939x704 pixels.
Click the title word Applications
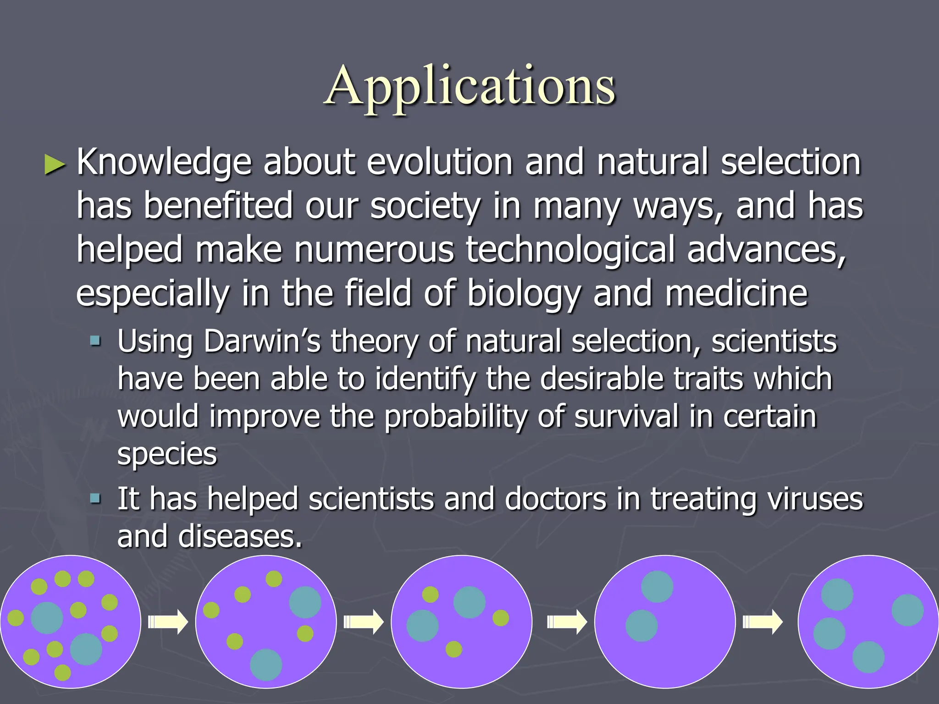pyautogui.click(x=470, y=86)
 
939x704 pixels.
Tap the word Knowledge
pyautogui.click(x=164, y=163)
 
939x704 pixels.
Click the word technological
pyautogui.click(x=570, y=250)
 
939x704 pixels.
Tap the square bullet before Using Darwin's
pyautogui.click(x=95, y=341)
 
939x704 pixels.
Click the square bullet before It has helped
pyautogui.click(x=95, y=498)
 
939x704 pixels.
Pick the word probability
pyautogui.click(x=455, y=417)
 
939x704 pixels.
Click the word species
pyautogui.click(x=167, y=455)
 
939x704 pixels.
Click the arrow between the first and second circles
pyautogui.click(x=168, y=622)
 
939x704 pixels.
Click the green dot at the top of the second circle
pyautogui.click(x=274, y=579)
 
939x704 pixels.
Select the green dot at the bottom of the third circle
pyautogui.click(x=453, y=649)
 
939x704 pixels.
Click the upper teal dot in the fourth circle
pyautogui.click(x=657, y=587)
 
